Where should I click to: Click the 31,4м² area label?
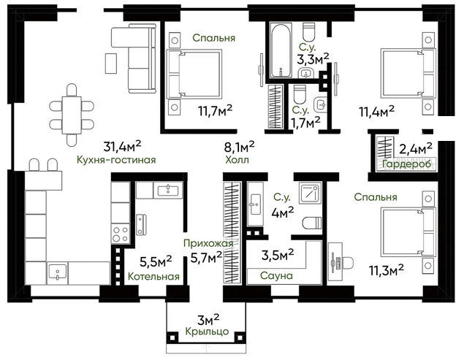pos(122,145)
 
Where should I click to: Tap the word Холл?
pos(237,160)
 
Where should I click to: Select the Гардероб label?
pos(406,164)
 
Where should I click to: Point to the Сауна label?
pos(276,276)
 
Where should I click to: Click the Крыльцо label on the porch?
pos(207,332)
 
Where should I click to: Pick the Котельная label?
pos(153,277)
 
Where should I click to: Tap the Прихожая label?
pos(208,243)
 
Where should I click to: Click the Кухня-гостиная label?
pos(116,160)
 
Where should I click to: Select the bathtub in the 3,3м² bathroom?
pos(281,50)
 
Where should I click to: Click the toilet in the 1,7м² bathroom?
pos(300,93)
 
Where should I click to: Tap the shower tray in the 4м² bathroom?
pos(310,194)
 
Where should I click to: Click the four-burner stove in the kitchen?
pos(121,234)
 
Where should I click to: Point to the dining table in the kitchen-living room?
pos(72,115)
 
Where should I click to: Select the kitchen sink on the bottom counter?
pos(58,272)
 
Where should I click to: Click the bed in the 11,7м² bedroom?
pos(194,74)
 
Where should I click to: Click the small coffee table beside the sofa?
pos(111,63)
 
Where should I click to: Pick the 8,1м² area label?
pos(240,146)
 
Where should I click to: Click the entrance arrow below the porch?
pos(206,349)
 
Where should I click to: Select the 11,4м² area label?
pos(377,112)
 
